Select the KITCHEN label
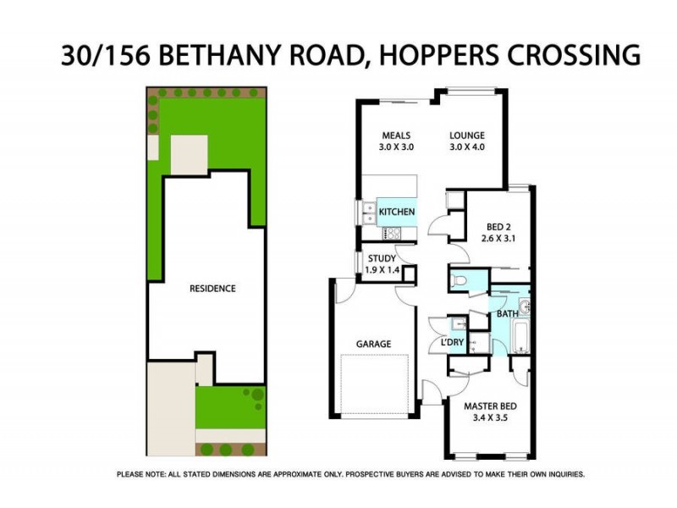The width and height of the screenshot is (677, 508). pyautogui.click(x=396, y=211)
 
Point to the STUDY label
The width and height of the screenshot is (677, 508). pyautogui.click(x=381, y=259)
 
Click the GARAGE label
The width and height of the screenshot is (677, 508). pyautogui.click(x=373, y=344)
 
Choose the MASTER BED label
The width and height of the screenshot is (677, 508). pyautogui.click(x=490, y=406)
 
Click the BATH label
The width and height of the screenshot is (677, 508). pyautogui.click(x=507, y=314)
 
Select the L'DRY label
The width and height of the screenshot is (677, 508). pyautogui.click(x=454, y=342)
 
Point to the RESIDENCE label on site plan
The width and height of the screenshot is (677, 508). pyautogui.click(x=212, y=288)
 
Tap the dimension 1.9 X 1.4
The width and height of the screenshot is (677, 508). pyautogui.click(x=381, y=270)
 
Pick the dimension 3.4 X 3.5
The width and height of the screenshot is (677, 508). pyautogui.click(x=490, y=418)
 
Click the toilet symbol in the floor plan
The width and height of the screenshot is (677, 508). pyautogui.click(x=457, y=279)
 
